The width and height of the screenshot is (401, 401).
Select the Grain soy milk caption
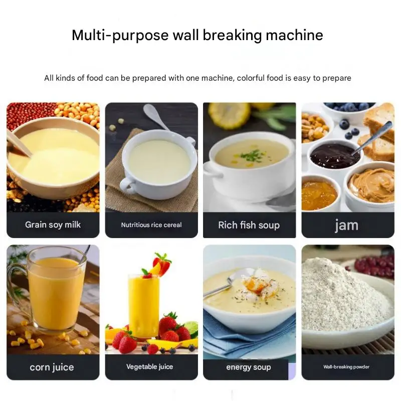pos(53,225)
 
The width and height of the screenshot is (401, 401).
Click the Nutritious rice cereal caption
pos(151,225)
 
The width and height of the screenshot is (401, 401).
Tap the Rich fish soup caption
pos(249,225)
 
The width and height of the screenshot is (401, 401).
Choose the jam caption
pos(347,226)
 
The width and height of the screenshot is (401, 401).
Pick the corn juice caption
pos(52,367)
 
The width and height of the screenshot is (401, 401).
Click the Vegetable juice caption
pos(149,367)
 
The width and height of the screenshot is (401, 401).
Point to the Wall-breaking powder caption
pos(346,367)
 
